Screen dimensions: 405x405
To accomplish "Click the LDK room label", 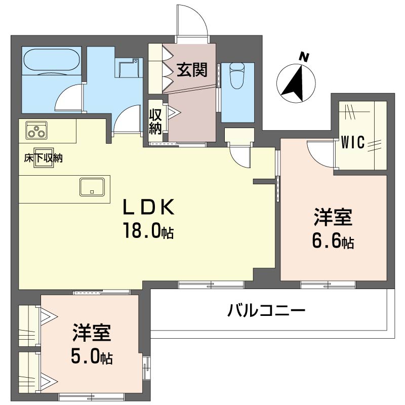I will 150,207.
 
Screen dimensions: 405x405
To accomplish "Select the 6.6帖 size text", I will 332,242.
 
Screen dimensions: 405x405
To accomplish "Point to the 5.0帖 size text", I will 91,357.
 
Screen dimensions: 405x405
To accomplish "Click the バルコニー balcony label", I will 266,309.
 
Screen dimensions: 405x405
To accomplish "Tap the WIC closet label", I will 352,143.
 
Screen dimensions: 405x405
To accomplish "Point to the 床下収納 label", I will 43,158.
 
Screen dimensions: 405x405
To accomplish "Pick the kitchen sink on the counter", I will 92,186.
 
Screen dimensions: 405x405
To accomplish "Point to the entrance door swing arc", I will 193,20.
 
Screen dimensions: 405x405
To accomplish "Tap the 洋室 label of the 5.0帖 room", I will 91,334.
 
